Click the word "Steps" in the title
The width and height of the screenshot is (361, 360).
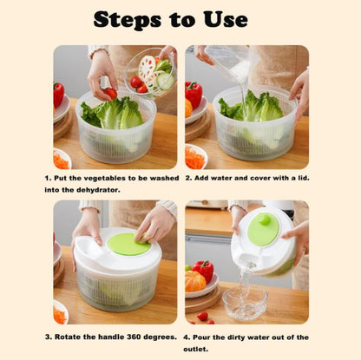[128, 20]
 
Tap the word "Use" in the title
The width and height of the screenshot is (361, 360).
[226, 20]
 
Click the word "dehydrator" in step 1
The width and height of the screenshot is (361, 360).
[98, 190]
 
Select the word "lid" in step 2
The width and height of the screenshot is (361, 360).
[304, 178]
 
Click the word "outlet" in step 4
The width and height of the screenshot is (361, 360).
[195, 349]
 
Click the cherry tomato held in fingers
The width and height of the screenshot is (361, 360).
[111, 93]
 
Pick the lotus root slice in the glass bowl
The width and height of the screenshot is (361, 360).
[147, 67]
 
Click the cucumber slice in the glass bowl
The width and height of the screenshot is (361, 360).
[166, 81]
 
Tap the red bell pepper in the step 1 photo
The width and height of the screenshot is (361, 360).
[58, 95]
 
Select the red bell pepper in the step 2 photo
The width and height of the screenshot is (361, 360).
[194, 94]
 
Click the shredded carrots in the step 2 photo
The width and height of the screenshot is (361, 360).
[194, 158]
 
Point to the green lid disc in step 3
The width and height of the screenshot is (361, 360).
[129, 244]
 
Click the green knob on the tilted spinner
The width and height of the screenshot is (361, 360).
[264, 219]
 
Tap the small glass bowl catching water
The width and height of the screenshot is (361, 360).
[245, 302]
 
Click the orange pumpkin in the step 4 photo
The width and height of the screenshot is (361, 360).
[195, 281]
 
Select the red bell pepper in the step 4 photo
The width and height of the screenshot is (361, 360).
[203, 270]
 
